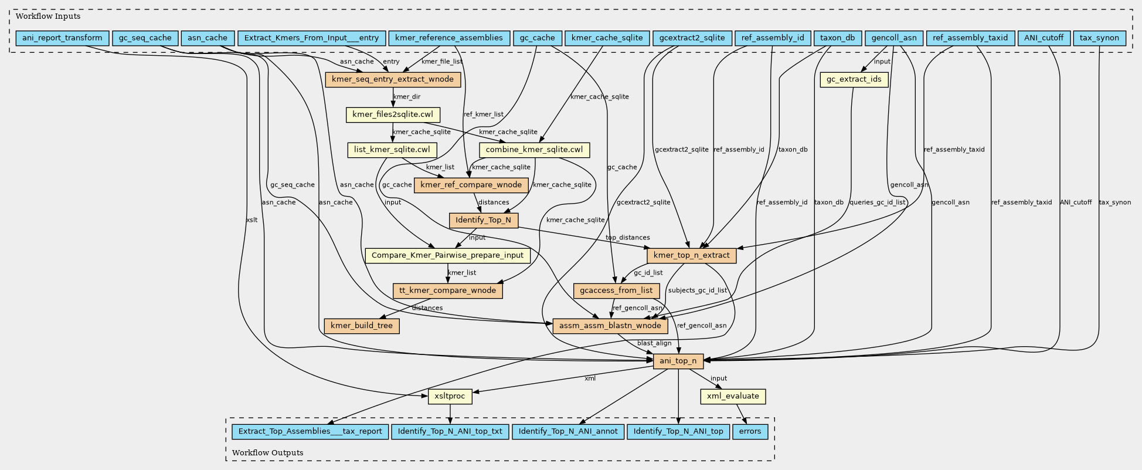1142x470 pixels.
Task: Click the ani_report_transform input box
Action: pyautogui.click(x=62, y=38)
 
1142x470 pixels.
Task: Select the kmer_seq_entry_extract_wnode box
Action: pyautogui.click(x=393, y=79)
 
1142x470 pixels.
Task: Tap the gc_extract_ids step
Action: pyautogui.click(x=854, y=79)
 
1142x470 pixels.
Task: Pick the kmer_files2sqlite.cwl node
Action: pyautogui.click(x=393, y=114)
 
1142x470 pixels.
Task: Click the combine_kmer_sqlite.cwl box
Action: pyautogui.click(x=534, y=150)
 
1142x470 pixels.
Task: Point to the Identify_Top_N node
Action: pyautogui.click(x=484, y=220)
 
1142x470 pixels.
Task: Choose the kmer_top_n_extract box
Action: pyautogui.click(x=691, y=255)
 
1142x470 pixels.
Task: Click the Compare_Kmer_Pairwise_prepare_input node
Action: pyautogui.click(x=448, y=255)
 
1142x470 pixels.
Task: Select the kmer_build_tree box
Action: pyautogui.click(x=362, y=326)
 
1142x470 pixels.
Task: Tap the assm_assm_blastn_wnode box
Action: pyautogui.click(x=610, y=326)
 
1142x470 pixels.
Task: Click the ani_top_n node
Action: pyautogui.click(x=678, y=361)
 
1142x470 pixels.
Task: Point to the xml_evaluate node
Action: pyautogui.click(x=733, y=396)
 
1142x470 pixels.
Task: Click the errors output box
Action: pyautogui.click(x=750, y=431)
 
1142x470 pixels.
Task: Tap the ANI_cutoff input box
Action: pyautogui.click(x=1044, y=38)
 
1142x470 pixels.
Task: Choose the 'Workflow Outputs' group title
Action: pyautogui.click(x=267, y=452)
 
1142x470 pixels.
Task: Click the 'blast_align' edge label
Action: pyautogui.click(x=654, y=343)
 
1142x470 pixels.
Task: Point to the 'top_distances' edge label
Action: pyautogui.click(x=627, y=238)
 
